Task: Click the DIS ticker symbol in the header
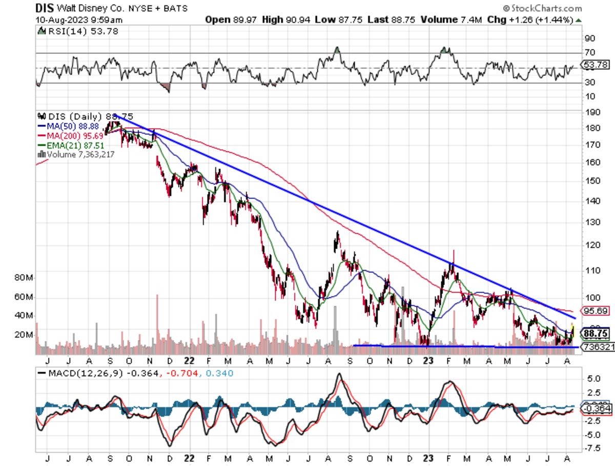(x=45, y=8)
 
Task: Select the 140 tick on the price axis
(x=590, y=200)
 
